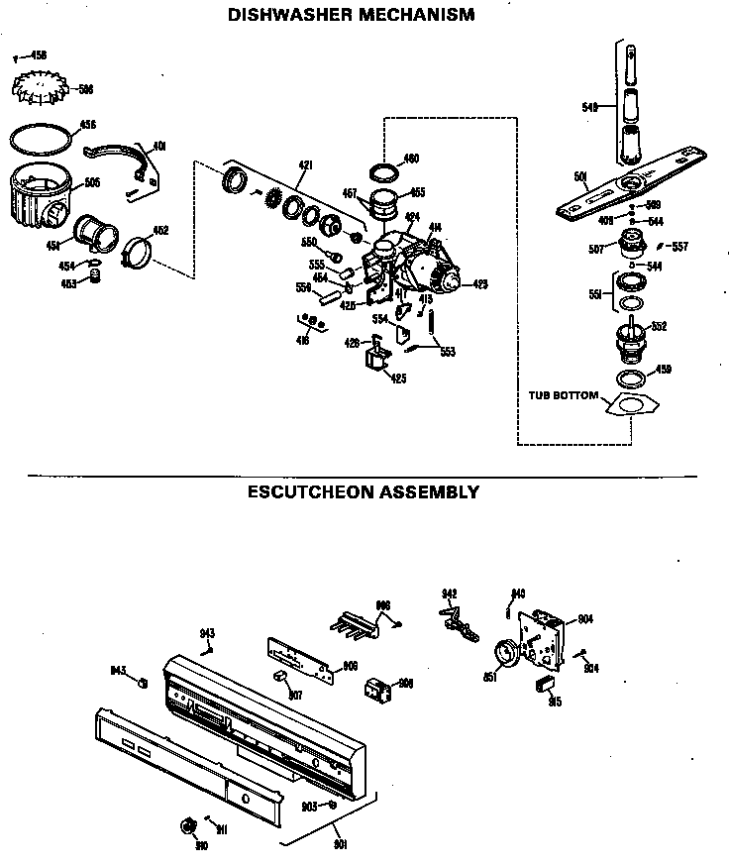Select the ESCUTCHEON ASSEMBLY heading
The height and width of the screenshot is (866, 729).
(363, 491)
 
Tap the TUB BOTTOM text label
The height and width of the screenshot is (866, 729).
(562, 395)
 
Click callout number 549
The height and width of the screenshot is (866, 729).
(591, 107)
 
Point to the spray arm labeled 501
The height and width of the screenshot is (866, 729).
(634, 178)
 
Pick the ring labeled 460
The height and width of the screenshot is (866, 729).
(382, 165)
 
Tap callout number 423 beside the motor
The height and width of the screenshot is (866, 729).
(480, 284)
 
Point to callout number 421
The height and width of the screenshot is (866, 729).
(305, 164)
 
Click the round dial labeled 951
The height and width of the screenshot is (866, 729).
(505, 655)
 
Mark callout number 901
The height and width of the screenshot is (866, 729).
(341, 845)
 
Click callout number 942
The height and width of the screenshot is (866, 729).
(449, 595)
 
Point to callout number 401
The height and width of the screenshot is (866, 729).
(158, 147)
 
